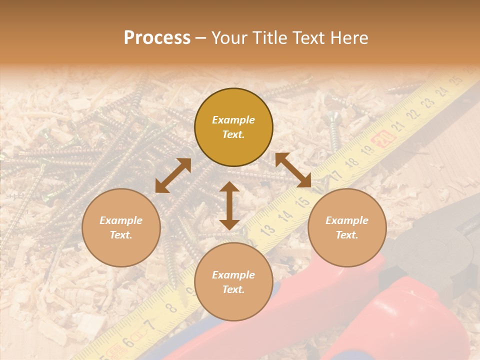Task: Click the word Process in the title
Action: [157, 38]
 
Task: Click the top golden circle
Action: [233, 127]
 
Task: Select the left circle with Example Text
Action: [121, 227]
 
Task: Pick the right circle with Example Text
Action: [347, 227]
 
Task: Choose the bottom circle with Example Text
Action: [233, 281]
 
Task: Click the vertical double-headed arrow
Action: [229, 205]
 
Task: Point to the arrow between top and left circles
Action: [173, 175]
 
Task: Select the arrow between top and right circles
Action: [293, 170]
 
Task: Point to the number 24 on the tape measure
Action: [441, 92]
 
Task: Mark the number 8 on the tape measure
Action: [171, 306]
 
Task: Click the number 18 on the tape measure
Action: [352, 162]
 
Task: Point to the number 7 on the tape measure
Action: [148, 325]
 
